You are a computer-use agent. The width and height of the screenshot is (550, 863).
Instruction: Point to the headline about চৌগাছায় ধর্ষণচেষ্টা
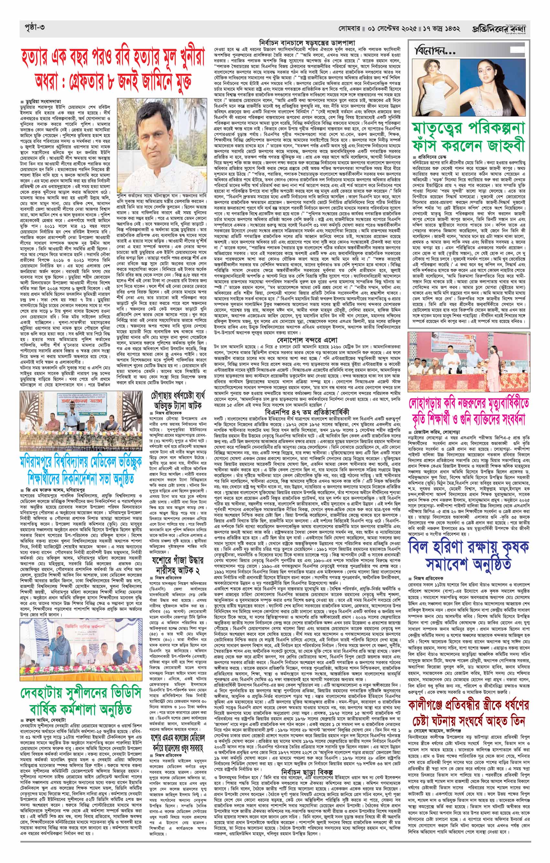pos(177,401)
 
